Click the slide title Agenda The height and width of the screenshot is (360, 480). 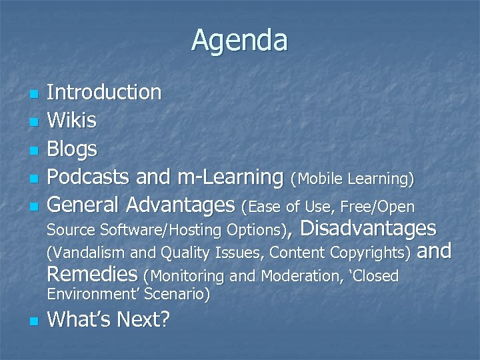coord(239,41)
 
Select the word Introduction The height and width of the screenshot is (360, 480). coord(104,92)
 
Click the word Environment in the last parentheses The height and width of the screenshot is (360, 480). coord(87,294)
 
